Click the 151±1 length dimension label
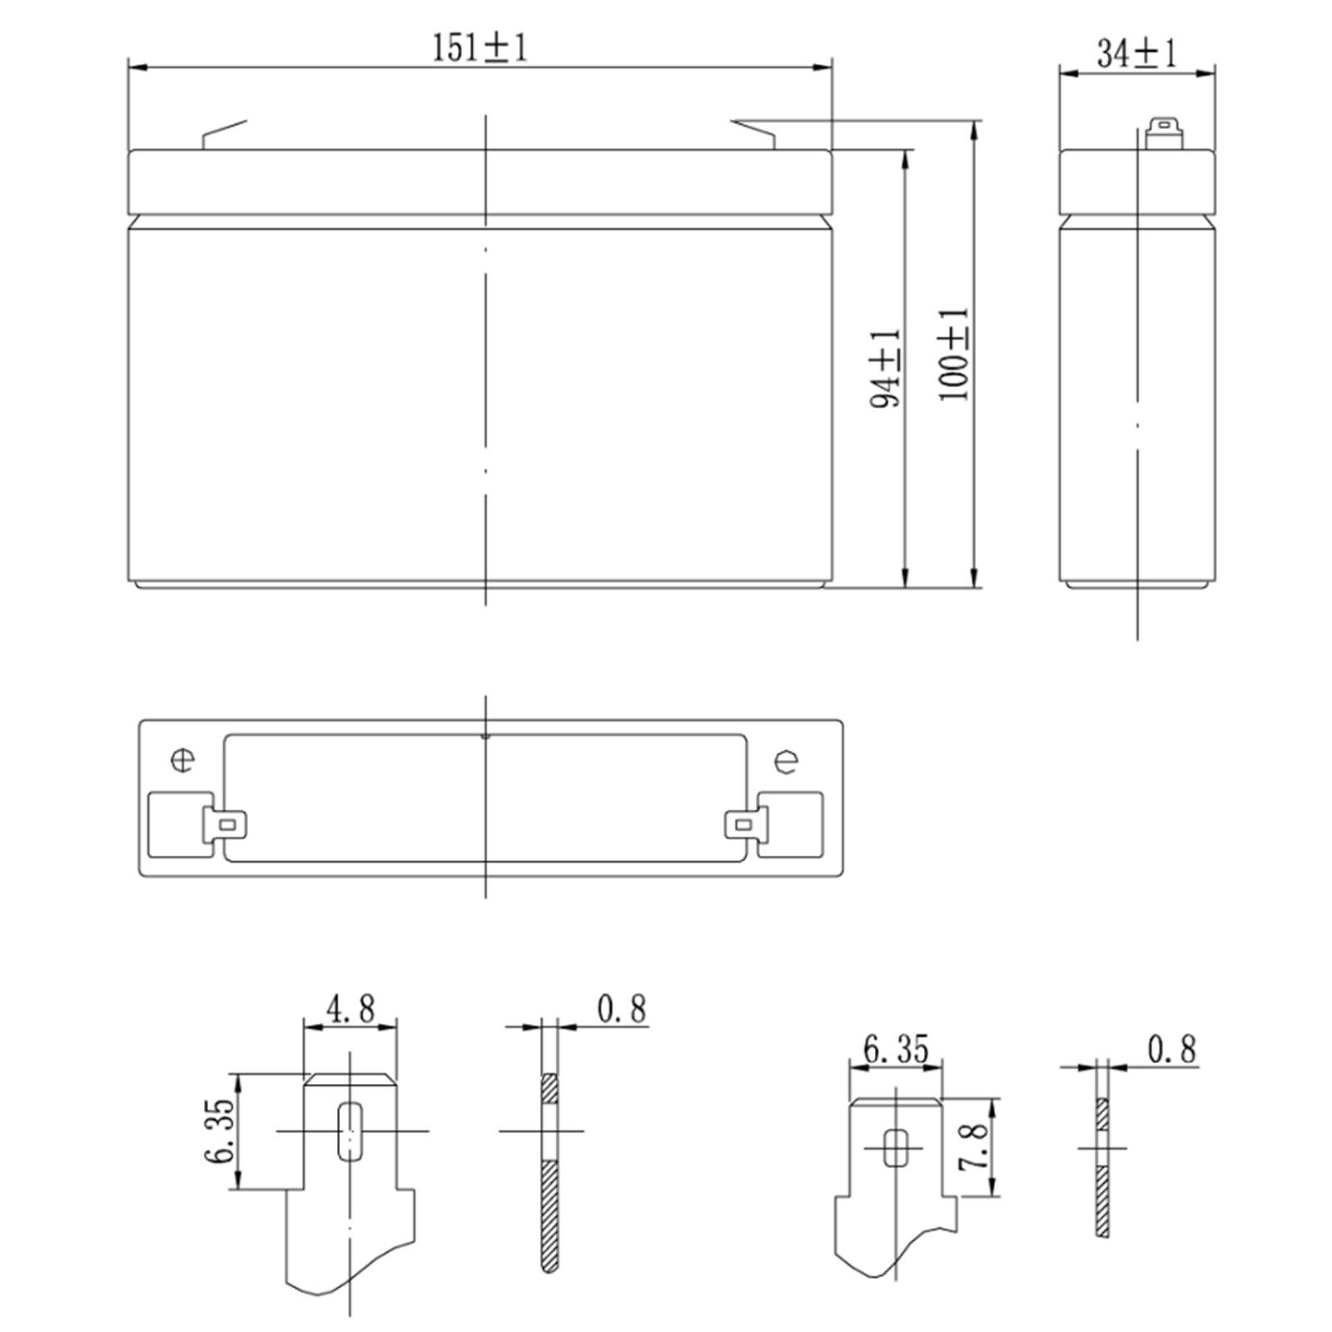tap(480, 47)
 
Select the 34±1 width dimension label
tap(1136, 52)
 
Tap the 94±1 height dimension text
tap(885, 367)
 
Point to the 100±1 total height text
tap(954, 355)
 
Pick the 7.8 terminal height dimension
tap(973, 1146)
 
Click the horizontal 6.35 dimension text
tap(896, 1049)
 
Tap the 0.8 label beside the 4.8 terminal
tap(621, 1008)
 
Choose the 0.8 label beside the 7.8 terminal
tap(1171, 1049)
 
